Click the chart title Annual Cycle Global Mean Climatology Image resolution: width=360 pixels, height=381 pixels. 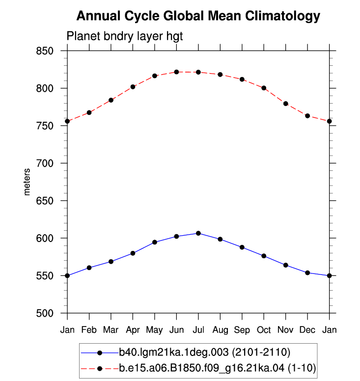point(198,17)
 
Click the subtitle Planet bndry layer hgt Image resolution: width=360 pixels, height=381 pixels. point(124,36)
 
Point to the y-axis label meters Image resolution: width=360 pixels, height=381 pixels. point(27,182)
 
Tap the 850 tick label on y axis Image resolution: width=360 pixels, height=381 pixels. point(45,51)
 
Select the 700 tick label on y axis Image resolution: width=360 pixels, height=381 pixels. point(45,163)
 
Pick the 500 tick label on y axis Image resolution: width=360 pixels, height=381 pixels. point(45,313)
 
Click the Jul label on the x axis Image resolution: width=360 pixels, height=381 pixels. point(198,330)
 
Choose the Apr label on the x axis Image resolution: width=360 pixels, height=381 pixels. point(133,330)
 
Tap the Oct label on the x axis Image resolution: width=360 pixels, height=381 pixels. point(264,330)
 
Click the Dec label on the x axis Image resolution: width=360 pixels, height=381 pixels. point(307,330)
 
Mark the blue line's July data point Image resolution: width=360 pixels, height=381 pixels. point(198,233)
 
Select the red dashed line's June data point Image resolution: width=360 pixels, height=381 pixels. point(176,72)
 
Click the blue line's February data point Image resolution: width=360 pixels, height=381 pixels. point(89,268)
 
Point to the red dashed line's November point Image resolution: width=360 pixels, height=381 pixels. point(286,104)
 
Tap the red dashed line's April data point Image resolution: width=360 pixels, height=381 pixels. point(133,87)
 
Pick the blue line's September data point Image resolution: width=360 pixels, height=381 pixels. point(242,247)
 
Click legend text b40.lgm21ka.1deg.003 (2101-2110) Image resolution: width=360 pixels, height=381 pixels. point(205,353)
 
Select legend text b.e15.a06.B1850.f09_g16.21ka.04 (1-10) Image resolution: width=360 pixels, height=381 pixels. point(218,368)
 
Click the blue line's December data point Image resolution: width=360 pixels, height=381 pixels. point(307,273)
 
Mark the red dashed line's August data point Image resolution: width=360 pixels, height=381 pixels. point(220,75)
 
